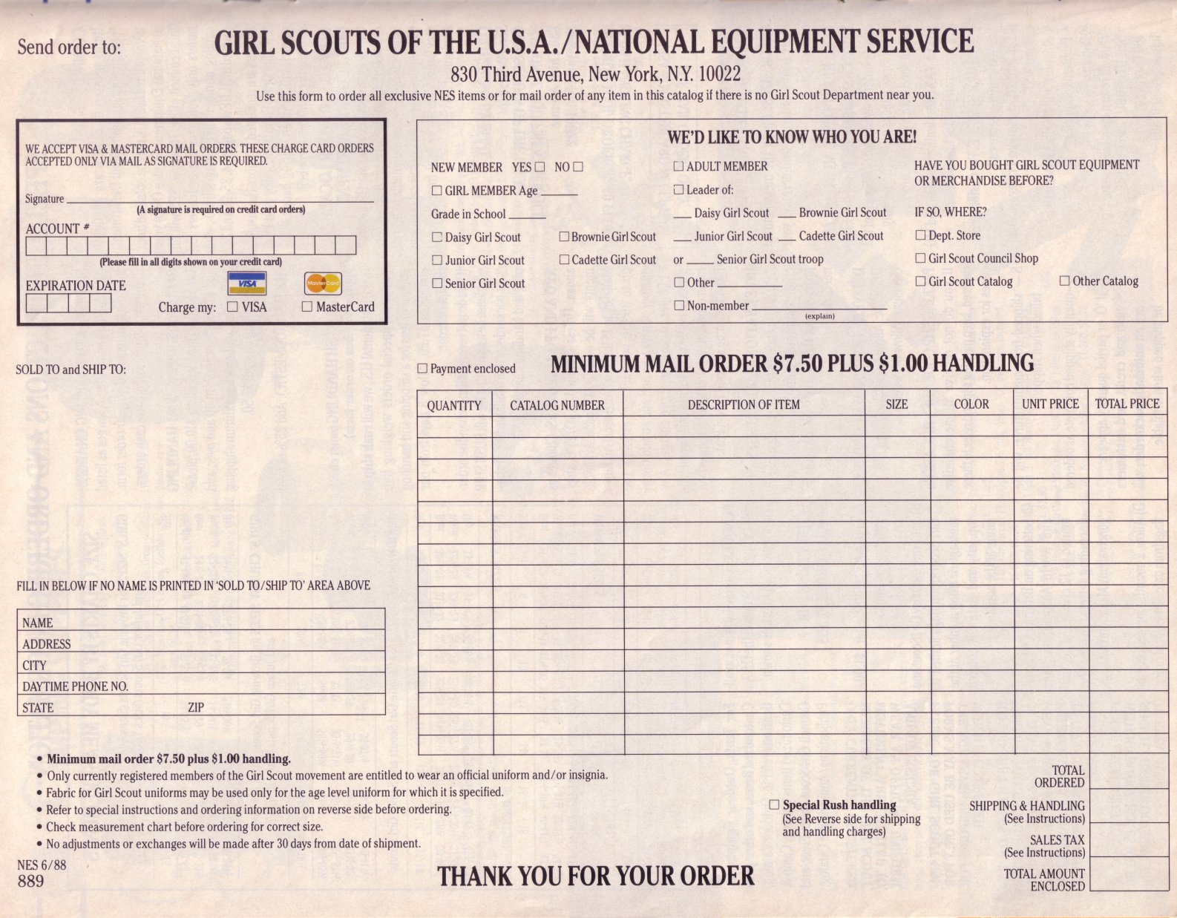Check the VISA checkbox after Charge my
[x=232, y=306]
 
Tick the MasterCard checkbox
[x=306, y=306]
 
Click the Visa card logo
[x=246, y=283]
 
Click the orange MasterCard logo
[x=323, y=283]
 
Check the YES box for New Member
[x=540, y=167]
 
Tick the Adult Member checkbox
[x=678, y=166]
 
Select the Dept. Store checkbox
[x=920, y=235]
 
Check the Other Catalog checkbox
[x=1064, y=281]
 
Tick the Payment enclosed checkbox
[x=422, y=368]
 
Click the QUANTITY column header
[x=454, y=405]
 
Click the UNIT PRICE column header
[x=1050, y=404]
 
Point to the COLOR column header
[x=971, y=404]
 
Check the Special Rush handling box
[x=774, y=804]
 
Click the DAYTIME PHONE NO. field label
[x=75, y=686]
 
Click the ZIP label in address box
[x=196, y=707]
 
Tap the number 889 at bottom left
[x=30, y=881]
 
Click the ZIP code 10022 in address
[x=719, y=74]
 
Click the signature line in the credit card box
[x=220, y=200]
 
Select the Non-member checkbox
[x=679, y=305]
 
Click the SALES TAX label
[x=1057, y=839]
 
